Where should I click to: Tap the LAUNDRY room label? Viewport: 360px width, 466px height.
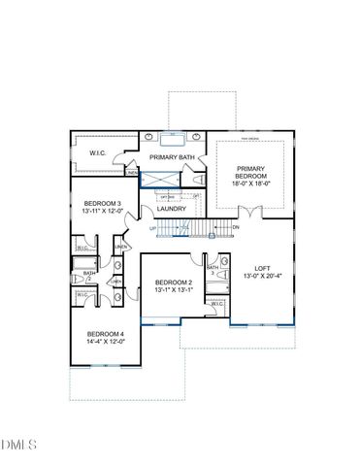pos(171,209)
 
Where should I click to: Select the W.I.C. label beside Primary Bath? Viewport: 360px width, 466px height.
pos(97,151)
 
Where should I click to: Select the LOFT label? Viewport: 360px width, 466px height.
pos(261,267)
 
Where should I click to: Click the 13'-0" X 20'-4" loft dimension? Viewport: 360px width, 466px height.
pos(261,276)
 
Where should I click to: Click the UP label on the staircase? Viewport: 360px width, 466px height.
pos(152,228)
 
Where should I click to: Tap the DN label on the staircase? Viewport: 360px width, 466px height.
pos(235,227)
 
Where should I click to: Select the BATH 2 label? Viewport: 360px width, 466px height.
pos(88,276)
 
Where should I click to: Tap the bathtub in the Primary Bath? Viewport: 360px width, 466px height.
pos(174,138)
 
